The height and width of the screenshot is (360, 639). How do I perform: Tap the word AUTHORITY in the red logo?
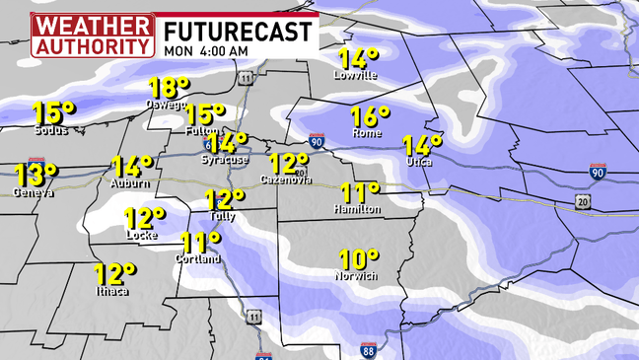tap(93, 45)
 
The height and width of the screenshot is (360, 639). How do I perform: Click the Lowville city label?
tap(356, 75)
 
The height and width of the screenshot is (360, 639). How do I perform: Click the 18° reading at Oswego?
tap(169, 88)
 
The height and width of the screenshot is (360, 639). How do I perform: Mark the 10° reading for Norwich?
tap(358, 260)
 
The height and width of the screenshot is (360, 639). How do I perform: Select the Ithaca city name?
tap(112, 290)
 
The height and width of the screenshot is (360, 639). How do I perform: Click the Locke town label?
tap(142, 236)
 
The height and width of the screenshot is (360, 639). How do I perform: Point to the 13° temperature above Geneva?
tap(34, 176)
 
